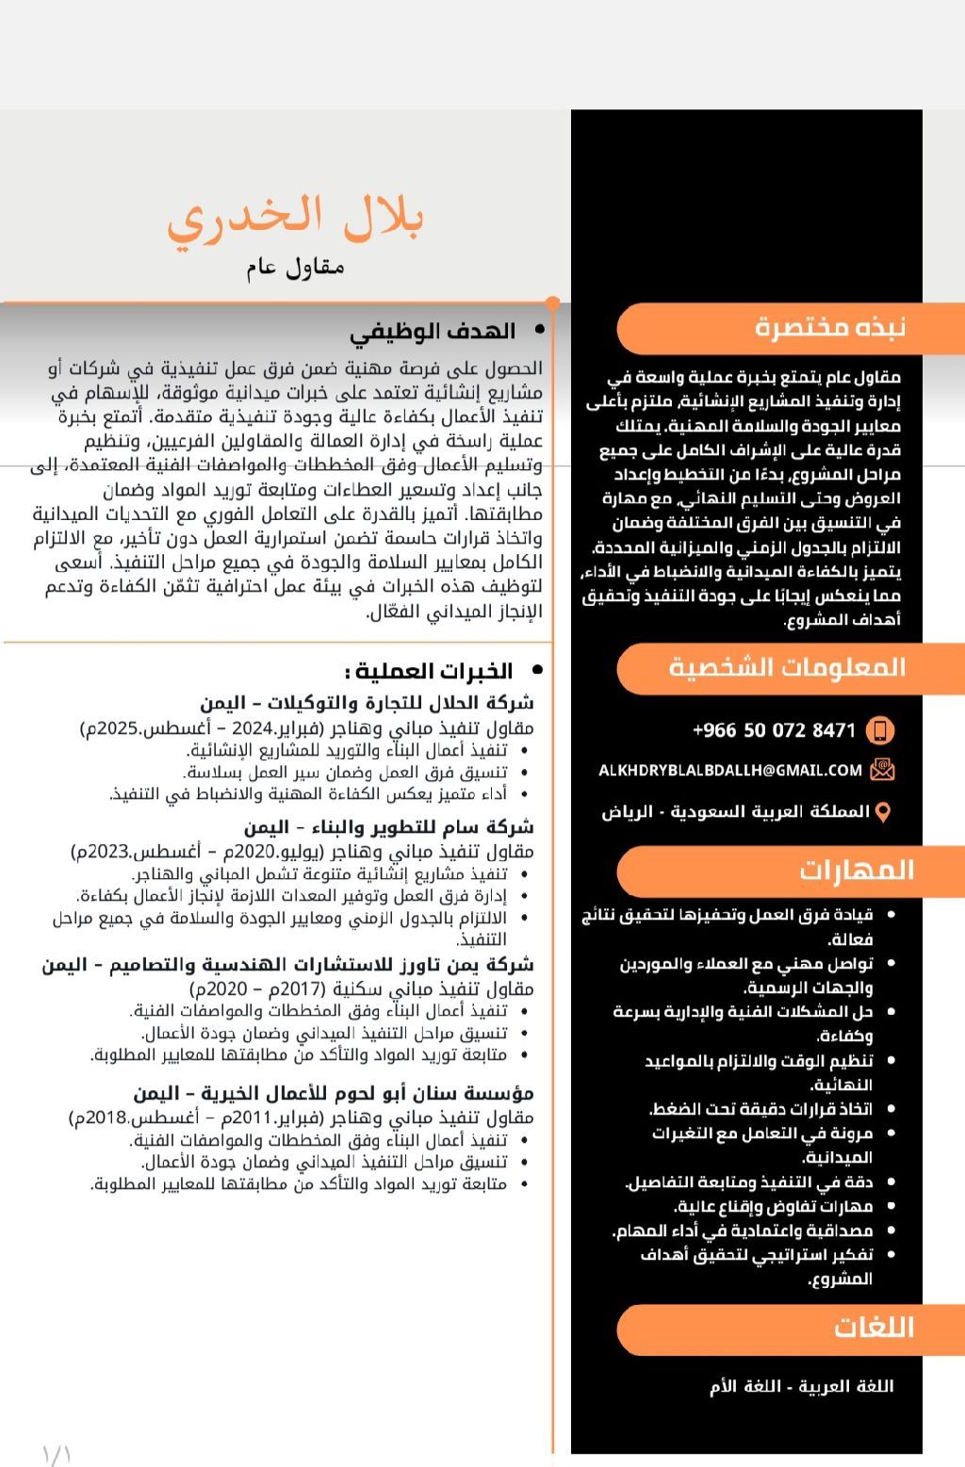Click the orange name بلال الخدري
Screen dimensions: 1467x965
296,218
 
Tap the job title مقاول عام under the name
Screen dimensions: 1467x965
296,268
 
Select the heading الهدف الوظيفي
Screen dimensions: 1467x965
433,332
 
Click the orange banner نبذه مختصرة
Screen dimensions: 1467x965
829,328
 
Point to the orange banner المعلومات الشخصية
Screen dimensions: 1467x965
787,668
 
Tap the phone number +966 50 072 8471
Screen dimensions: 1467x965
774,730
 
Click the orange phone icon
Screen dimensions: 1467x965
880,730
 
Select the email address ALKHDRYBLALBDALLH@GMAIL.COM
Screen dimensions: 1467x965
730,771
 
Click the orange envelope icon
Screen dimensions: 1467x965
882,771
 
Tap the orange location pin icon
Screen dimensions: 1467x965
882,811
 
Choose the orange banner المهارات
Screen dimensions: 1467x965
857,870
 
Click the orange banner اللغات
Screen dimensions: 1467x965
874,1328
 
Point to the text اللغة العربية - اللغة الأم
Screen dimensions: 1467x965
801,1386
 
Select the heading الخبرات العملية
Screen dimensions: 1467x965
430,671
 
